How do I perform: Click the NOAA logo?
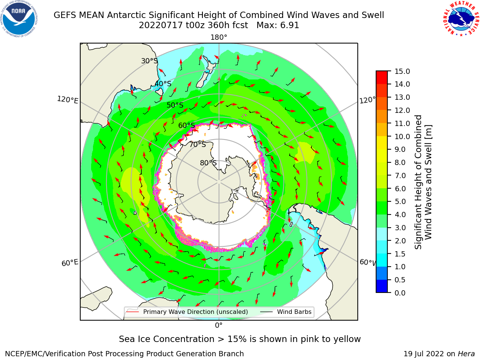point(19,19)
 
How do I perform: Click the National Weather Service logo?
point(461,19)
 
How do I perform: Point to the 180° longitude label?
point(219,37)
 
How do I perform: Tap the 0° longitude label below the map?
point(219,325)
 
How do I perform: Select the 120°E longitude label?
point(67,100)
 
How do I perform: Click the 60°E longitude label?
point(70,263)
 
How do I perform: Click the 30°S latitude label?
point(150,61)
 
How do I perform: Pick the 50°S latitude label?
point(175,105)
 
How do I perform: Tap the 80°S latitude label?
point(208,163)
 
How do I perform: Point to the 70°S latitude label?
point(198,144)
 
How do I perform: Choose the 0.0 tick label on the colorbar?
point(400,293)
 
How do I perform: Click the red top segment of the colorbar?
point(382,77)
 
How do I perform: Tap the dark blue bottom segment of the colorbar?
point(382,286)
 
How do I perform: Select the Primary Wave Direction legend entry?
point(187,312)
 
